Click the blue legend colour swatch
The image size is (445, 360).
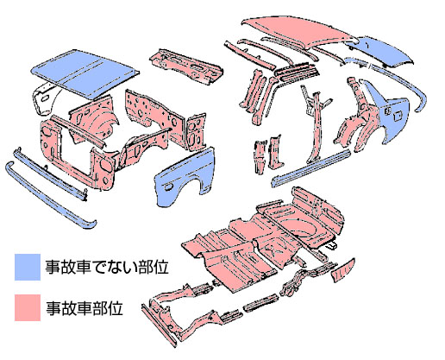point(28,267)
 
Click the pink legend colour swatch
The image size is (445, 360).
point(28,307)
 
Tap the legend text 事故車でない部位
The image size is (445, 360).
point(107,267)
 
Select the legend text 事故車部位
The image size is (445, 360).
point(85,308)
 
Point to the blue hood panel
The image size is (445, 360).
point(84,73)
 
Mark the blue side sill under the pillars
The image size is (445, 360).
point(312,167)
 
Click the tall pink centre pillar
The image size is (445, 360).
point(317,127)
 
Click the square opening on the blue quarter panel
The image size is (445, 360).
point(398,117)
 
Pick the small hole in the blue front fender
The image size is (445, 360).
point(168,187)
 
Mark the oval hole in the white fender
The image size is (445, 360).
point(45,98)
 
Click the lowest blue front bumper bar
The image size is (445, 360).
point(50,196)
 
